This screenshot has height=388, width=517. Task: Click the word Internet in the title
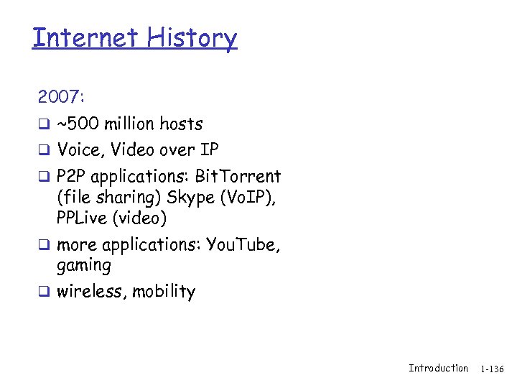[80, 37]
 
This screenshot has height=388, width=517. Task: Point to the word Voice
[78, 150]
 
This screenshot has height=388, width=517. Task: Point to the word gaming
[83, 266]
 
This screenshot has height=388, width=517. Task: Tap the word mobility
[164, 292]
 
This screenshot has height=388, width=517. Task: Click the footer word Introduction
[438, 368]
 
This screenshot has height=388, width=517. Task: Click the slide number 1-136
[493, 369]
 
